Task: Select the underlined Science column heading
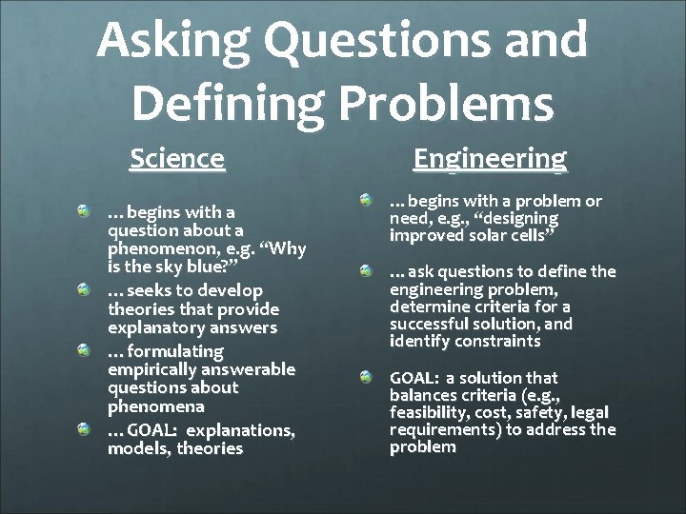pyautogui.click(x=177, y=157)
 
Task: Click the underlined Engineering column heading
pyautogui.click(x=490, y=157)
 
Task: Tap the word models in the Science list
pyautogui.click(x=135, y=448)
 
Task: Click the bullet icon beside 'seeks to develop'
pyautogui.click(x=85, y=288)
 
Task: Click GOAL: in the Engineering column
pyautogui.click(x=414, y=378)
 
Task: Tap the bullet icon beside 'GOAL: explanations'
pyautogui.click(x=85, y=429)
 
